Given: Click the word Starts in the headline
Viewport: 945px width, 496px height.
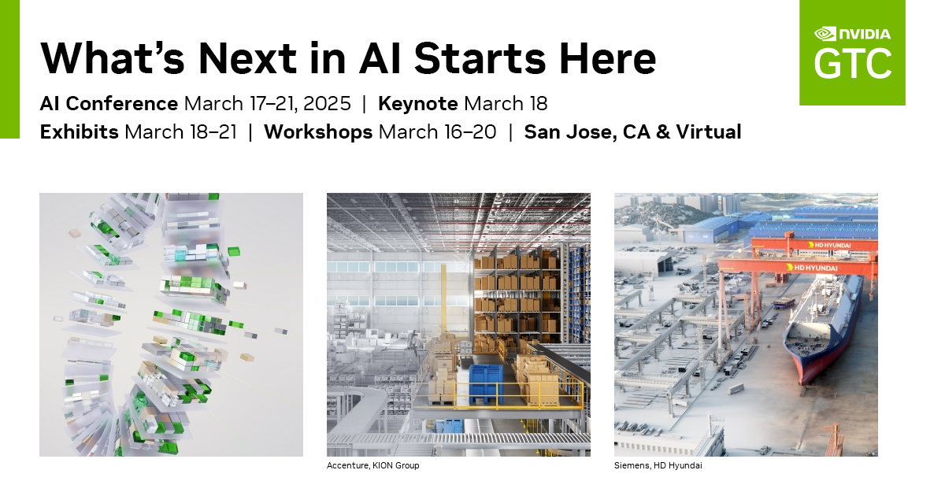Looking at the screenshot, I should [x=483, y=58].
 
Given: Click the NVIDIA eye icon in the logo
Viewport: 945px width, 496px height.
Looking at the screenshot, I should [x=825, y=34].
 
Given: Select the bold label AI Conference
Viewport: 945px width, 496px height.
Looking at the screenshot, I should [x=109, y=103].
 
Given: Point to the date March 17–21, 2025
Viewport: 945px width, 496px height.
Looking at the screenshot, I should [x=267, y=103].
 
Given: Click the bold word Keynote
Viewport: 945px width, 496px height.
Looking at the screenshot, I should [x=418, y=103].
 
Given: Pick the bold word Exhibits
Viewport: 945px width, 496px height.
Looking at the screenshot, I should [x=80, y=131].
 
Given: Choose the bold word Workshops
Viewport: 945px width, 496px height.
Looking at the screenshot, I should [x=318, y=131].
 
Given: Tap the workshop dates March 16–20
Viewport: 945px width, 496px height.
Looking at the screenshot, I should [x=437, y=131].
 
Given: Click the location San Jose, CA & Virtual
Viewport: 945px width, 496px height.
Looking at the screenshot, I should [x=632, y=131].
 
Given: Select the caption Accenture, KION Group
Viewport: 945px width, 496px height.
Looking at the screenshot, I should [x=372, y=466].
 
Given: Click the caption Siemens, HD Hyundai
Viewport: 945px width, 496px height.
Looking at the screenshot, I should [x=658, y=466].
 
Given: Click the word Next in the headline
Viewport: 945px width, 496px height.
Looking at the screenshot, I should [x=247, y=58].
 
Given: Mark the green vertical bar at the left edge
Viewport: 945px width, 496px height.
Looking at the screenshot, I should [x=9, y=69].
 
